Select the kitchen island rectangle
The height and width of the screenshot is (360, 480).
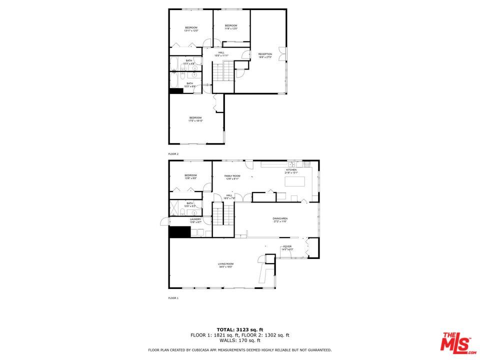click(x=295, y=181)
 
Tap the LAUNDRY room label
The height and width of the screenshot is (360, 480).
click(x=195, y=220)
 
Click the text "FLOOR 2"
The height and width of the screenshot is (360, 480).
click(x=173, y=154)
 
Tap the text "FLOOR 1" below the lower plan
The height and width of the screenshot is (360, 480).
click(x=173, y=298)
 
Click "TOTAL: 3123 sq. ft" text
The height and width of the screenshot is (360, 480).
click(x=239, y=329)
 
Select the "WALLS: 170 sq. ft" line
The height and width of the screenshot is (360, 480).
click(x=239, y=340)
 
